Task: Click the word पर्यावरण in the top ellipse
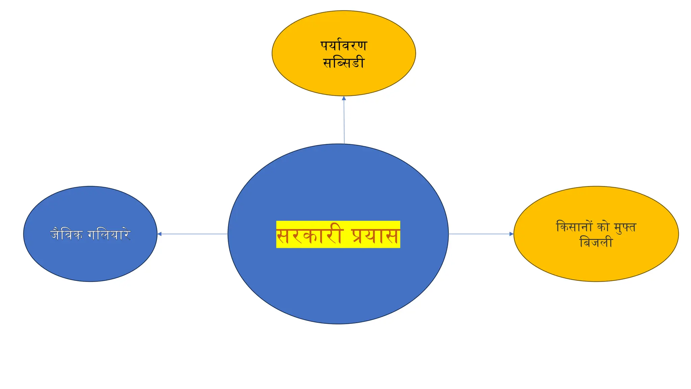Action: point(343,46)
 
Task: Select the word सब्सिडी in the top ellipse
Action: point(344,62)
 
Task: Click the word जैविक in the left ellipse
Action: point(66,234)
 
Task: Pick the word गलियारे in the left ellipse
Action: point(109,234)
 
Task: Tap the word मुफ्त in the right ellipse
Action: point(625,227)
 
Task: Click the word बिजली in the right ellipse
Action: point(596,242)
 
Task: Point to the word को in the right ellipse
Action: point(603,227)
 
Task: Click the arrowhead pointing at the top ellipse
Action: point(344,98)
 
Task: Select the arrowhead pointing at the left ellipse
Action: point(160,234)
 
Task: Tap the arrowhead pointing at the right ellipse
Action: point(511,234)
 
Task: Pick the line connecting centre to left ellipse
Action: point(193,234)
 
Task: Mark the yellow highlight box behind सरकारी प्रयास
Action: point(338,234)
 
